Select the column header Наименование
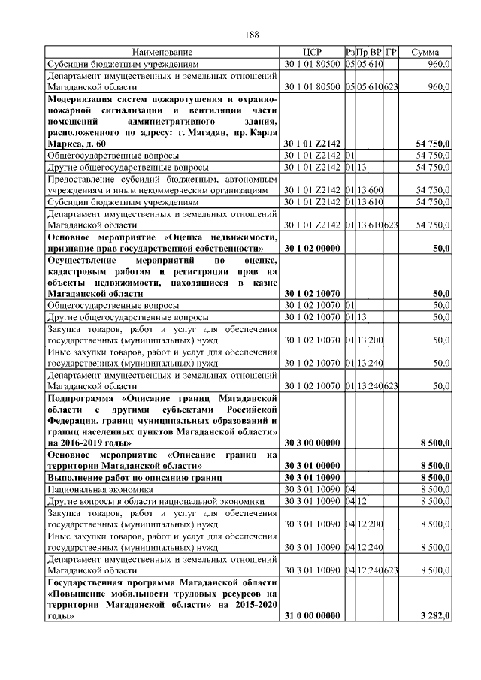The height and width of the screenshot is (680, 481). [x=162, y=53]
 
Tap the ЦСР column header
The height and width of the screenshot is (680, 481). [x=311, y=53]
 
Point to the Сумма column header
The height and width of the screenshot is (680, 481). [x=425, y=53]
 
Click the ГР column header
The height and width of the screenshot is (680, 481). [x=391, y=53]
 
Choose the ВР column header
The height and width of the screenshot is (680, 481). [x=375, y=53]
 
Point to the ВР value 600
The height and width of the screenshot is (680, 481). [x=375, y=190]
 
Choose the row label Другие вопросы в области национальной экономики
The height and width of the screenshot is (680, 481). [x=156, y=500]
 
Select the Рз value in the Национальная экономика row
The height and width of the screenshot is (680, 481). [x=349, y=489]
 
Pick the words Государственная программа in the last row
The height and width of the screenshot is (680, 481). [x=104, y=582]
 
